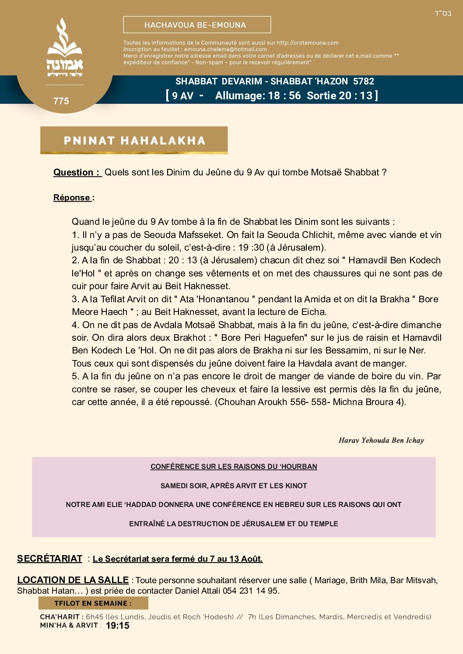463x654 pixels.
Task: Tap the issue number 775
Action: (61, 101)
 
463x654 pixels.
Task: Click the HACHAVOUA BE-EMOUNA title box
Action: (197, 25)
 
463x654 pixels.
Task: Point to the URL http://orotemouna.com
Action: (308, 43)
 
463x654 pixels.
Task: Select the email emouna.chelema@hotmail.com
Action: (225, 49)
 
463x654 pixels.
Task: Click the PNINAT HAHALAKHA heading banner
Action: (134, 140)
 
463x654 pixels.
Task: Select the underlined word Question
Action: (73, 172)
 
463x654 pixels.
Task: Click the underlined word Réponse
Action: (72, 197)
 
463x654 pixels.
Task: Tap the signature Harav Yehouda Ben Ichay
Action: (381, 441)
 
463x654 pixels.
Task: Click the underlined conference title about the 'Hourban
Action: (234, 467)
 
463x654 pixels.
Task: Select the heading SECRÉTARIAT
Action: (49, 559)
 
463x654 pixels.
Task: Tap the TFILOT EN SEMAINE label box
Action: (93, 603)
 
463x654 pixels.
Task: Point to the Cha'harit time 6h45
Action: (95, 617)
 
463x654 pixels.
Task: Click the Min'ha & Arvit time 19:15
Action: (118, 626)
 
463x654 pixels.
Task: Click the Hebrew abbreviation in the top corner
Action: (443, 14)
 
